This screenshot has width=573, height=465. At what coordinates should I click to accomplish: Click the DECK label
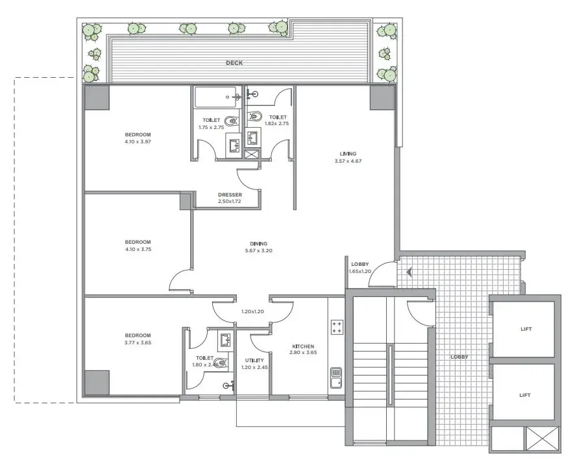click(x=234, y=63)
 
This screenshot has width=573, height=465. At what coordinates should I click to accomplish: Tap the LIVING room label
click(x=348, y=154)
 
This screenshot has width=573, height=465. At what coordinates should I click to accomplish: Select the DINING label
click(x=259, y=244)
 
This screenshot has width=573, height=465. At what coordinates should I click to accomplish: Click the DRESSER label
click(x=230, y=195)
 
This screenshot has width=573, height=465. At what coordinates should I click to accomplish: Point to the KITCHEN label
click(x=303, y=346)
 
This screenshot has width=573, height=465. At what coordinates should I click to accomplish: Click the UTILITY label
click(x=254, y=360)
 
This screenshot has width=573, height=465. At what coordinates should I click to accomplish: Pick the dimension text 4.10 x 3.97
click(x=138, y=142)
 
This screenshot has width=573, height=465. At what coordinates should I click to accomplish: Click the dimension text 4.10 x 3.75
click(x=138, y=250)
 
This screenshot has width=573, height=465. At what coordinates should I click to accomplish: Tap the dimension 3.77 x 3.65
click(x=138, y=343)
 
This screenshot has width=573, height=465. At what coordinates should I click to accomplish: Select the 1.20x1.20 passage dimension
click(x=252, y=312)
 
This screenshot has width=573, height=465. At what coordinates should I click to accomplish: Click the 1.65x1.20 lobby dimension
click(x=360, y=271)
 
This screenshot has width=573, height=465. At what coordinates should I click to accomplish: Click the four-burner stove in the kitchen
click(x=337, y=327)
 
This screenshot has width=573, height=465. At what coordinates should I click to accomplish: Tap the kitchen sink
click(x=336, y=378)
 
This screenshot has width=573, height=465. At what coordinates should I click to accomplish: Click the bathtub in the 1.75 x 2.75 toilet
click(x=217, y=97)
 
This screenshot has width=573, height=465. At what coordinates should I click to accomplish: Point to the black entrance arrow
click(x=409, y=272)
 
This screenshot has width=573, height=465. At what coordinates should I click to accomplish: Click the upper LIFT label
click(x=526, y=329)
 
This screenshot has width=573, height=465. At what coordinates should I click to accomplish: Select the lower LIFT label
click(x=525, y=395)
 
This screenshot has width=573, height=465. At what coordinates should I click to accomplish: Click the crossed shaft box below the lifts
click(x=542, y=438)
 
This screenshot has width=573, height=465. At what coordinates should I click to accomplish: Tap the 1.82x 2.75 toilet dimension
click(x=276, y=123)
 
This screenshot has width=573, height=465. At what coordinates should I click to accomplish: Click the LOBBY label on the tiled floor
click(x=459, y=357)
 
